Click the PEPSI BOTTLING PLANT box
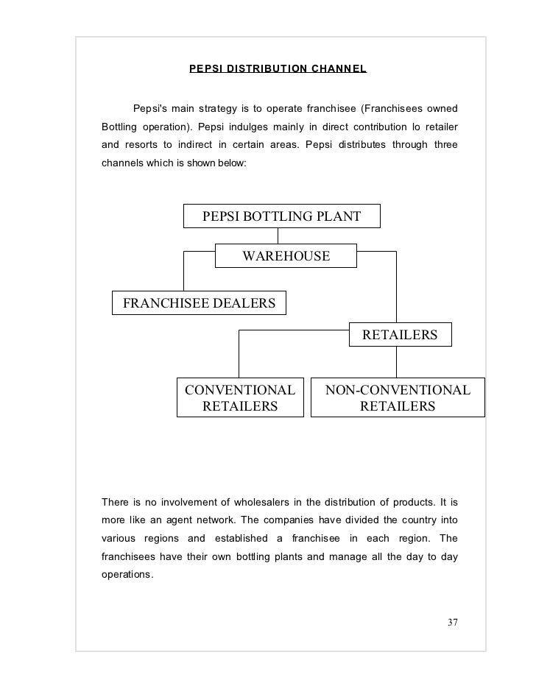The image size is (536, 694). point(282,216)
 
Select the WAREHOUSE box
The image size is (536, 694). point(286,256)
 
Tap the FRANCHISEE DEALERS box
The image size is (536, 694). point(199,302)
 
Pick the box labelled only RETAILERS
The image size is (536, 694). point(400,335)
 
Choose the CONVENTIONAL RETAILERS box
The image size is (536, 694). point(239,397)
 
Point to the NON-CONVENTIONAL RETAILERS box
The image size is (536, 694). point(398,397)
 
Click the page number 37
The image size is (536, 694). point(453,623)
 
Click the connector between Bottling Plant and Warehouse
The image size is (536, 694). point(278,236)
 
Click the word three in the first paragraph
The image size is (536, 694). point(444,144)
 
